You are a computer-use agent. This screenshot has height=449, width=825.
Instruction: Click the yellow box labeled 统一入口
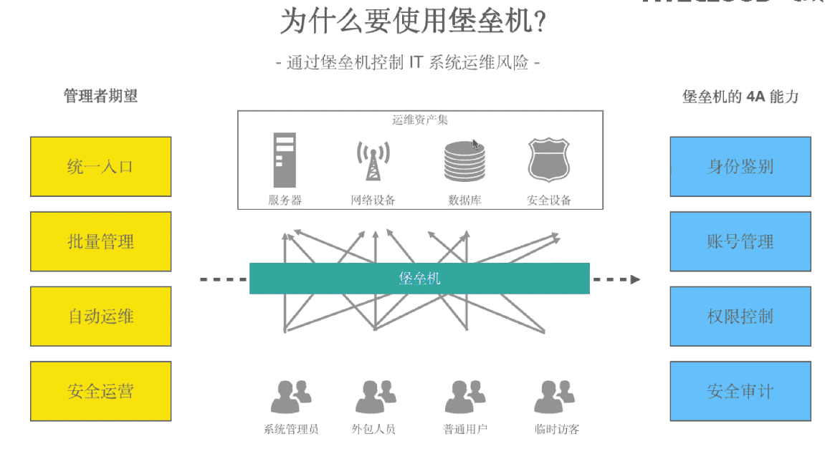point(100,167)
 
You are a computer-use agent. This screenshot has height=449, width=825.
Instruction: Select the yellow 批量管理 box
point(100,241)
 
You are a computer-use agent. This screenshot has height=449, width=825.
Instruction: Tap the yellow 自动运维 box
point(100,317)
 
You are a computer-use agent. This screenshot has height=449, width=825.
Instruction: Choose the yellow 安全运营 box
point(100,391)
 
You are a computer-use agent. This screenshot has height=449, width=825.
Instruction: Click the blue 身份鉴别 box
point(740,167)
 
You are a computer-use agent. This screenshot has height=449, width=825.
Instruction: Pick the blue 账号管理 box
point(740,241)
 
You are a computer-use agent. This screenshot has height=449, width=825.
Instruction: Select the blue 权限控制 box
point(740,317)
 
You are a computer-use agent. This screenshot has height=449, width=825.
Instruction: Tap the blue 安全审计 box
point(740,391)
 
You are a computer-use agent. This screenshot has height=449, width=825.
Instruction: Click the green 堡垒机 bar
point(419,278)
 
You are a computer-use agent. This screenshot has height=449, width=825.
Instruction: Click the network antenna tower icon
point(373,160)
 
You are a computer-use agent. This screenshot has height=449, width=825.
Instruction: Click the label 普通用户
point(465,430)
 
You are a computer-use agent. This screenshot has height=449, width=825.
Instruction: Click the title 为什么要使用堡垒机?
point(414,22)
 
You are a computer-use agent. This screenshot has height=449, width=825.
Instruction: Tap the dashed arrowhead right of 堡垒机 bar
point(635,279)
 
